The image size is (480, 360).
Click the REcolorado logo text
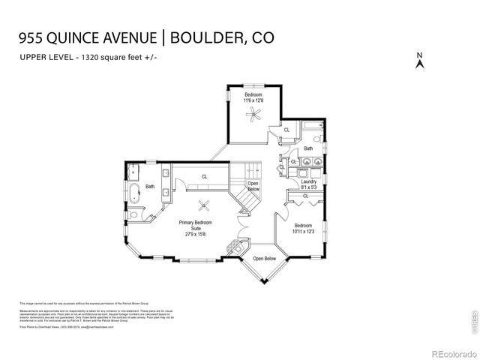point(449,352)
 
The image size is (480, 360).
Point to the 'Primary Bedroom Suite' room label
point(195,228)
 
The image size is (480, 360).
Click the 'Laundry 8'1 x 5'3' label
point(309,184)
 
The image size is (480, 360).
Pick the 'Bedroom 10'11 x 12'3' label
point(303,229)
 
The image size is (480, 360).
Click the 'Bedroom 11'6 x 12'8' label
point(253,97)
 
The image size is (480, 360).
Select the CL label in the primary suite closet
point(203,177)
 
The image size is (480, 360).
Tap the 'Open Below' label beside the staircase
point(253,186)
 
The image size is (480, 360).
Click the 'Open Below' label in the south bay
point(264,259)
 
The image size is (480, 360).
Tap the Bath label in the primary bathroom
point(150,187)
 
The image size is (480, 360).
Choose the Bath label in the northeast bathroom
point(308,148)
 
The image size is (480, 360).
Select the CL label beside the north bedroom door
point(286,130)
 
